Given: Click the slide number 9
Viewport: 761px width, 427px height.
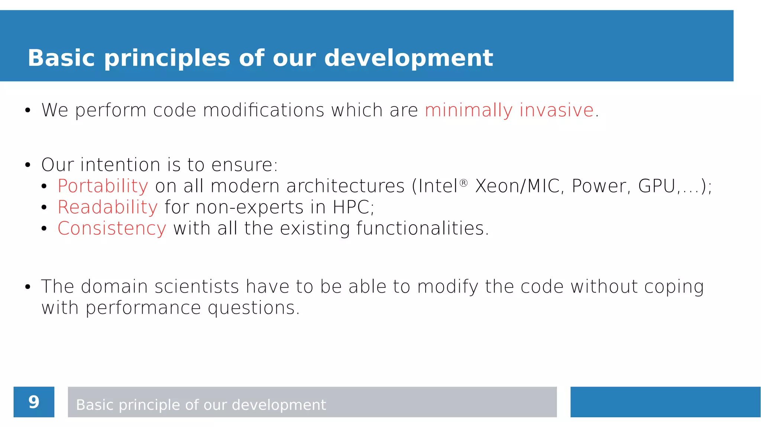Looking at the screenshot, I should click(x=34, y=402).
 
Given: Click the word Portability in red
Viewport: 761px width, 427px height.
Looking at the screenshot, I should click(x=103, y=186).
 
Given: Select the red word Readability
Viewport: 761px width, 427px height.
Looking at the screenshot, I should click(x=108, y=207).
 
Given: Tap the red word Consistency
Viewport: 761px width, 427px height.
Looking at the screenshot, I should click(x=112, y=228).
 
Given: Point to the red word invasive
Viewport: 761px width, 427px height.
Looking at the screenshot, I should click(x=556, y=110).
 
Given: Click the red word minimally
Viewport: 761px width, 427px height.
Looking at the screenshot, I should click(x=468, y=110).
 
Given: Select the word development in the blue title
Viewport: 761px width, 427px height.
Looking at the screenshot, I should click(x=408, y=58).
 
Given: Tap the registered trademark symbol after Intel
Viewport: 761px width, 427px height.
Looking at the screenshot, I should click(x=463, y=183).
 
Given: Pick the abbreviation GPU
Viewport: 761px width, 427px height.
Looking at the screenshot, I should click(x=657, y=186).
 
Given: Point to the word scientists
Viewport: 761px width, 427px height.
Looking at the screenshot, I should click(x=197, y=287).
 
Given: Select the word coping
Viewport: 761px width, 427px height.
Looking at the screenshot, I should click(x=674, y=287).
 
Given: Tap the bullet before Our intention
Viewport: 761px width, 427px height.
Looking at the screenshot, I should click(x=27, y=165).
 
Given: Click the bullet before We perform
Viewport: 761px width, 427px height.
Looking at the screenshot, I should click(x=27, y=111).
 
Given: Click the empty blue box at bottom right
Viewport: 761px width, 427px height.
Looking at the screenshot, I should click(x=665, y=402).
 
